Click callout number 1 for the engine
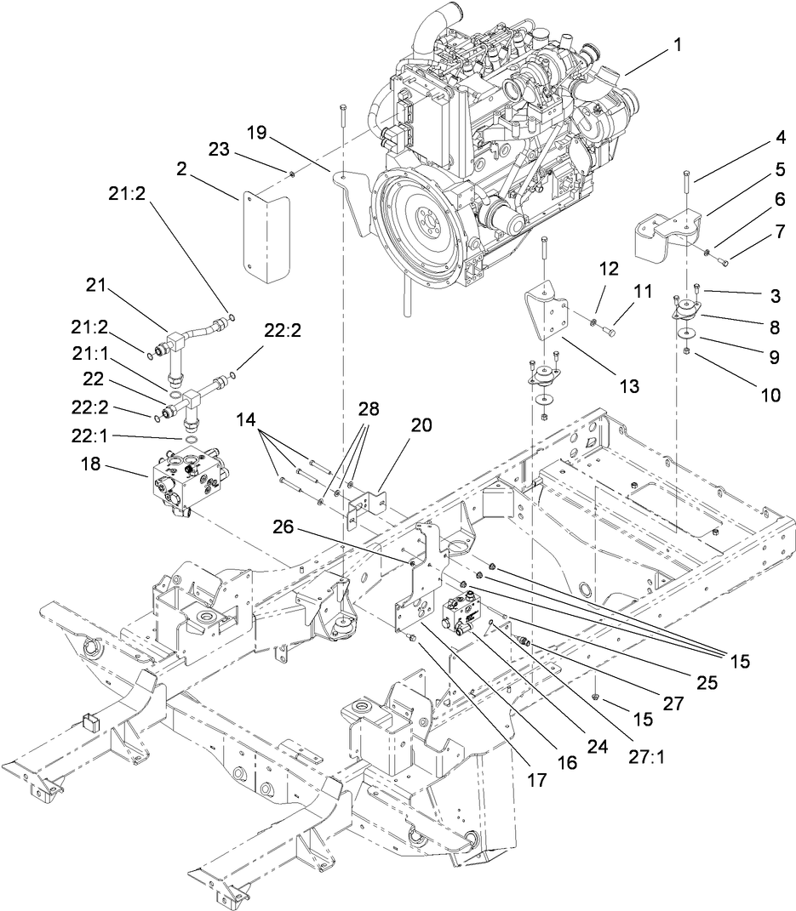click(678, 47)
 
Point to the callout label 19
click(257, 133)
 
